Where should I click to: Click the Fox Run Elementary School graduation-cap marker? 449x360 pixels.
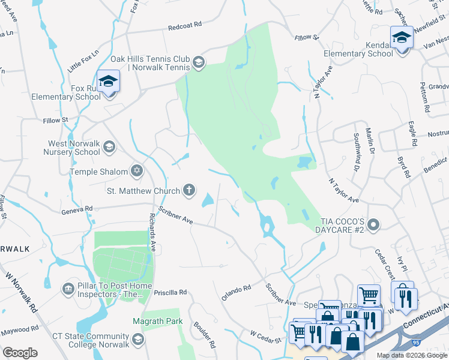pyautogui.click(x=108, y=82)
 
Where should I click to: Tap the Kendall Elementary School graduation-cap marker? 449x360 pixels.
pyautogui.click(x=402, y=38)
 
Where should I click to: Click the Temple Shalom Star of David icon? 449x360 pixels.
pyautogui.click(x=137, y=172)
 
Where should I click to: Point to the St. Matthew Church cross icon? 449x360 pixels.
pyautogui.click(x=189, y=191)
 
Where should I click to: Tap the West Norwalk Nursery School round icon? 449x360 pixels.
pyautogui.click(x=109, y=146)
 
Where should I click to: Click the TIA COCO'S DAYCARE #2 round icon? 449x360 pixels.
pyautogui.click(x=373, y=224)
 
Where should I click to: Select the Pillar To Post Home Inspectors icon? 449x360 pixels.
pyautogui.click(x=68, y=290)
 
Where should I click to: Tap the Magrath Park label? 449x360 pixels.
pyautogui.click(x=158, y=322)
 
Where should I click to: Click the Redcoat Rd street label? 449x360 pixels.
pyautogui.click(x=185, y=27)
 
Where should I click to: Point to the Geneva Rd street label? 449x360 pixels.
pyautogui.click(x=77, y=209)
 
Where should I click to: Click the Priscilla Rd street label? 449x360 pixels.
pyautogui.click(x=170, y=292)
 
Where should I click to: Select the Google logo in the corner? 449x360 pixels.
pyautogui.click(x=20, y=353)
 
